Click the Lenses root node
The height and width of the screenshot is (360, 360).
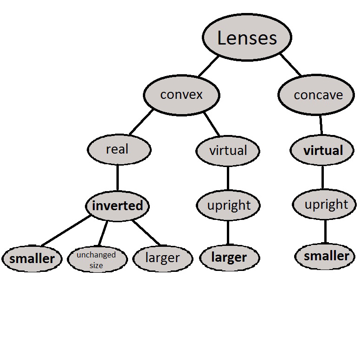coord(247,38)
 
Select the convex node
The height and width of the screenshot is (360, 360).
coord(181,95)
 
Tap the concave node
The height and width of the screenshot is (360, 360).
coord(318,95)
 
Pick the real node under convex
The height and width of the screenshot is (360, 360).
coord(119,149)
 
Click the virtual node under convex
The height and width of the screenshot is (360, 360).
coord(228,151)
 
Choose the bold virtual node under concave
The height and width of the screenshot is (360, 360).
coord(323,151)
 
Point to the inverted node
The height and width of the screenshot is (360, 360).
coord(117,206)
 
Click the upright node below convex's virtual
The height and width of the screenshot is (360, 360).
coord(228,206)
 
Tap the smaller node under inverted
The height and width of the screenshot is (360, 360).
coord(32,258)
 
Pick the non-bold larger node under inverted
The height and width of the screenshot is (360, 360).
coord(162,258)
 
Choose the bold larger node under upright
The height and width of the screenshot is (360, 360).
coord(229,257)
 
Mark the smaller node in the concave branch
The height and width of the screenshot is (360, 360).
coord(326,256)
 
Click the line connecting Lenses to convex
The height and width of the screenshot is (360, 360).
coord(209,66)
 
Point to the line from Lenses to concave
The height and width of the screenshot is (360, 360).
coord(290,65)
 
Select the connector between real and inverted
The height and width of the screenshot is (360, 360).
coord(117,177)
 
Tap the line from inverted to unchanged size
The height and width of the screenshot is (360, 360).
coord(103,233)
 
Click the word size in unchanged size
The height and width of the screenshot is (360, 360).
coord(96,265)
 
